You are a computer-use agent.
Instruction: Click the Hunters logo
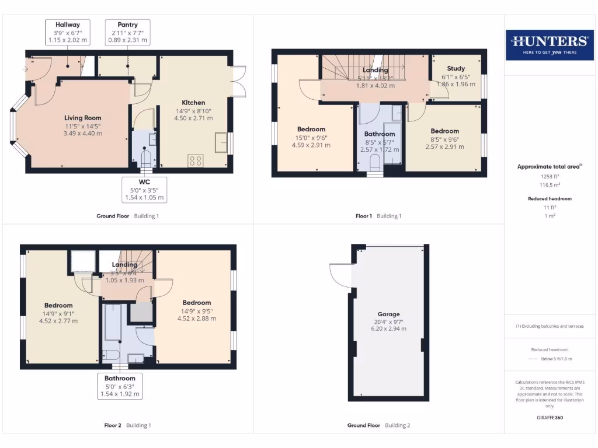(x=549, y=45)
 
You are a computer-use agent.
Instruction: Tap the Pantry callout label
(x=127, y=33)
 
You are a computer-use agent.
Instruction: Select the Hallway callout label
(x=67, y=33)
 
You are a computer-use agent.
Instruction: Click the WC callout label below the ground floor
(x=145, y=190)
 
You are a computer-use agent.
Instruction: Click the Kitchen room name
(x=193, y=103)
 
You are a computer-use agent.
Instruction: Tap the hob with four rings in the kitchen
(x=195, y=160)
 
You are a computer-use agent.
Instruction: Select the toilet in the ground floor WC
(x=145, y=158)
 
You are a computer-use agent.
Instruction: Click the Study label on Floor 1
(x=456, y=69)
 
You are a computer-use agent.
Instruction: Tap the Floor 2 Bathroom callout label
(x=120, y=386)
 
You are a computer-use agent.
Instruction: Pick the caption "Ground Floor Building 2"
(x=378, y=425)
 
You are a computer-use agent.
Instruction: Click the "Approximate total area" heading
(x=548, y=167)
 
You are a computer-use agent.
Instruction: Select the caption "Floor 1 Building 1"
(x=378, y=216)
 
